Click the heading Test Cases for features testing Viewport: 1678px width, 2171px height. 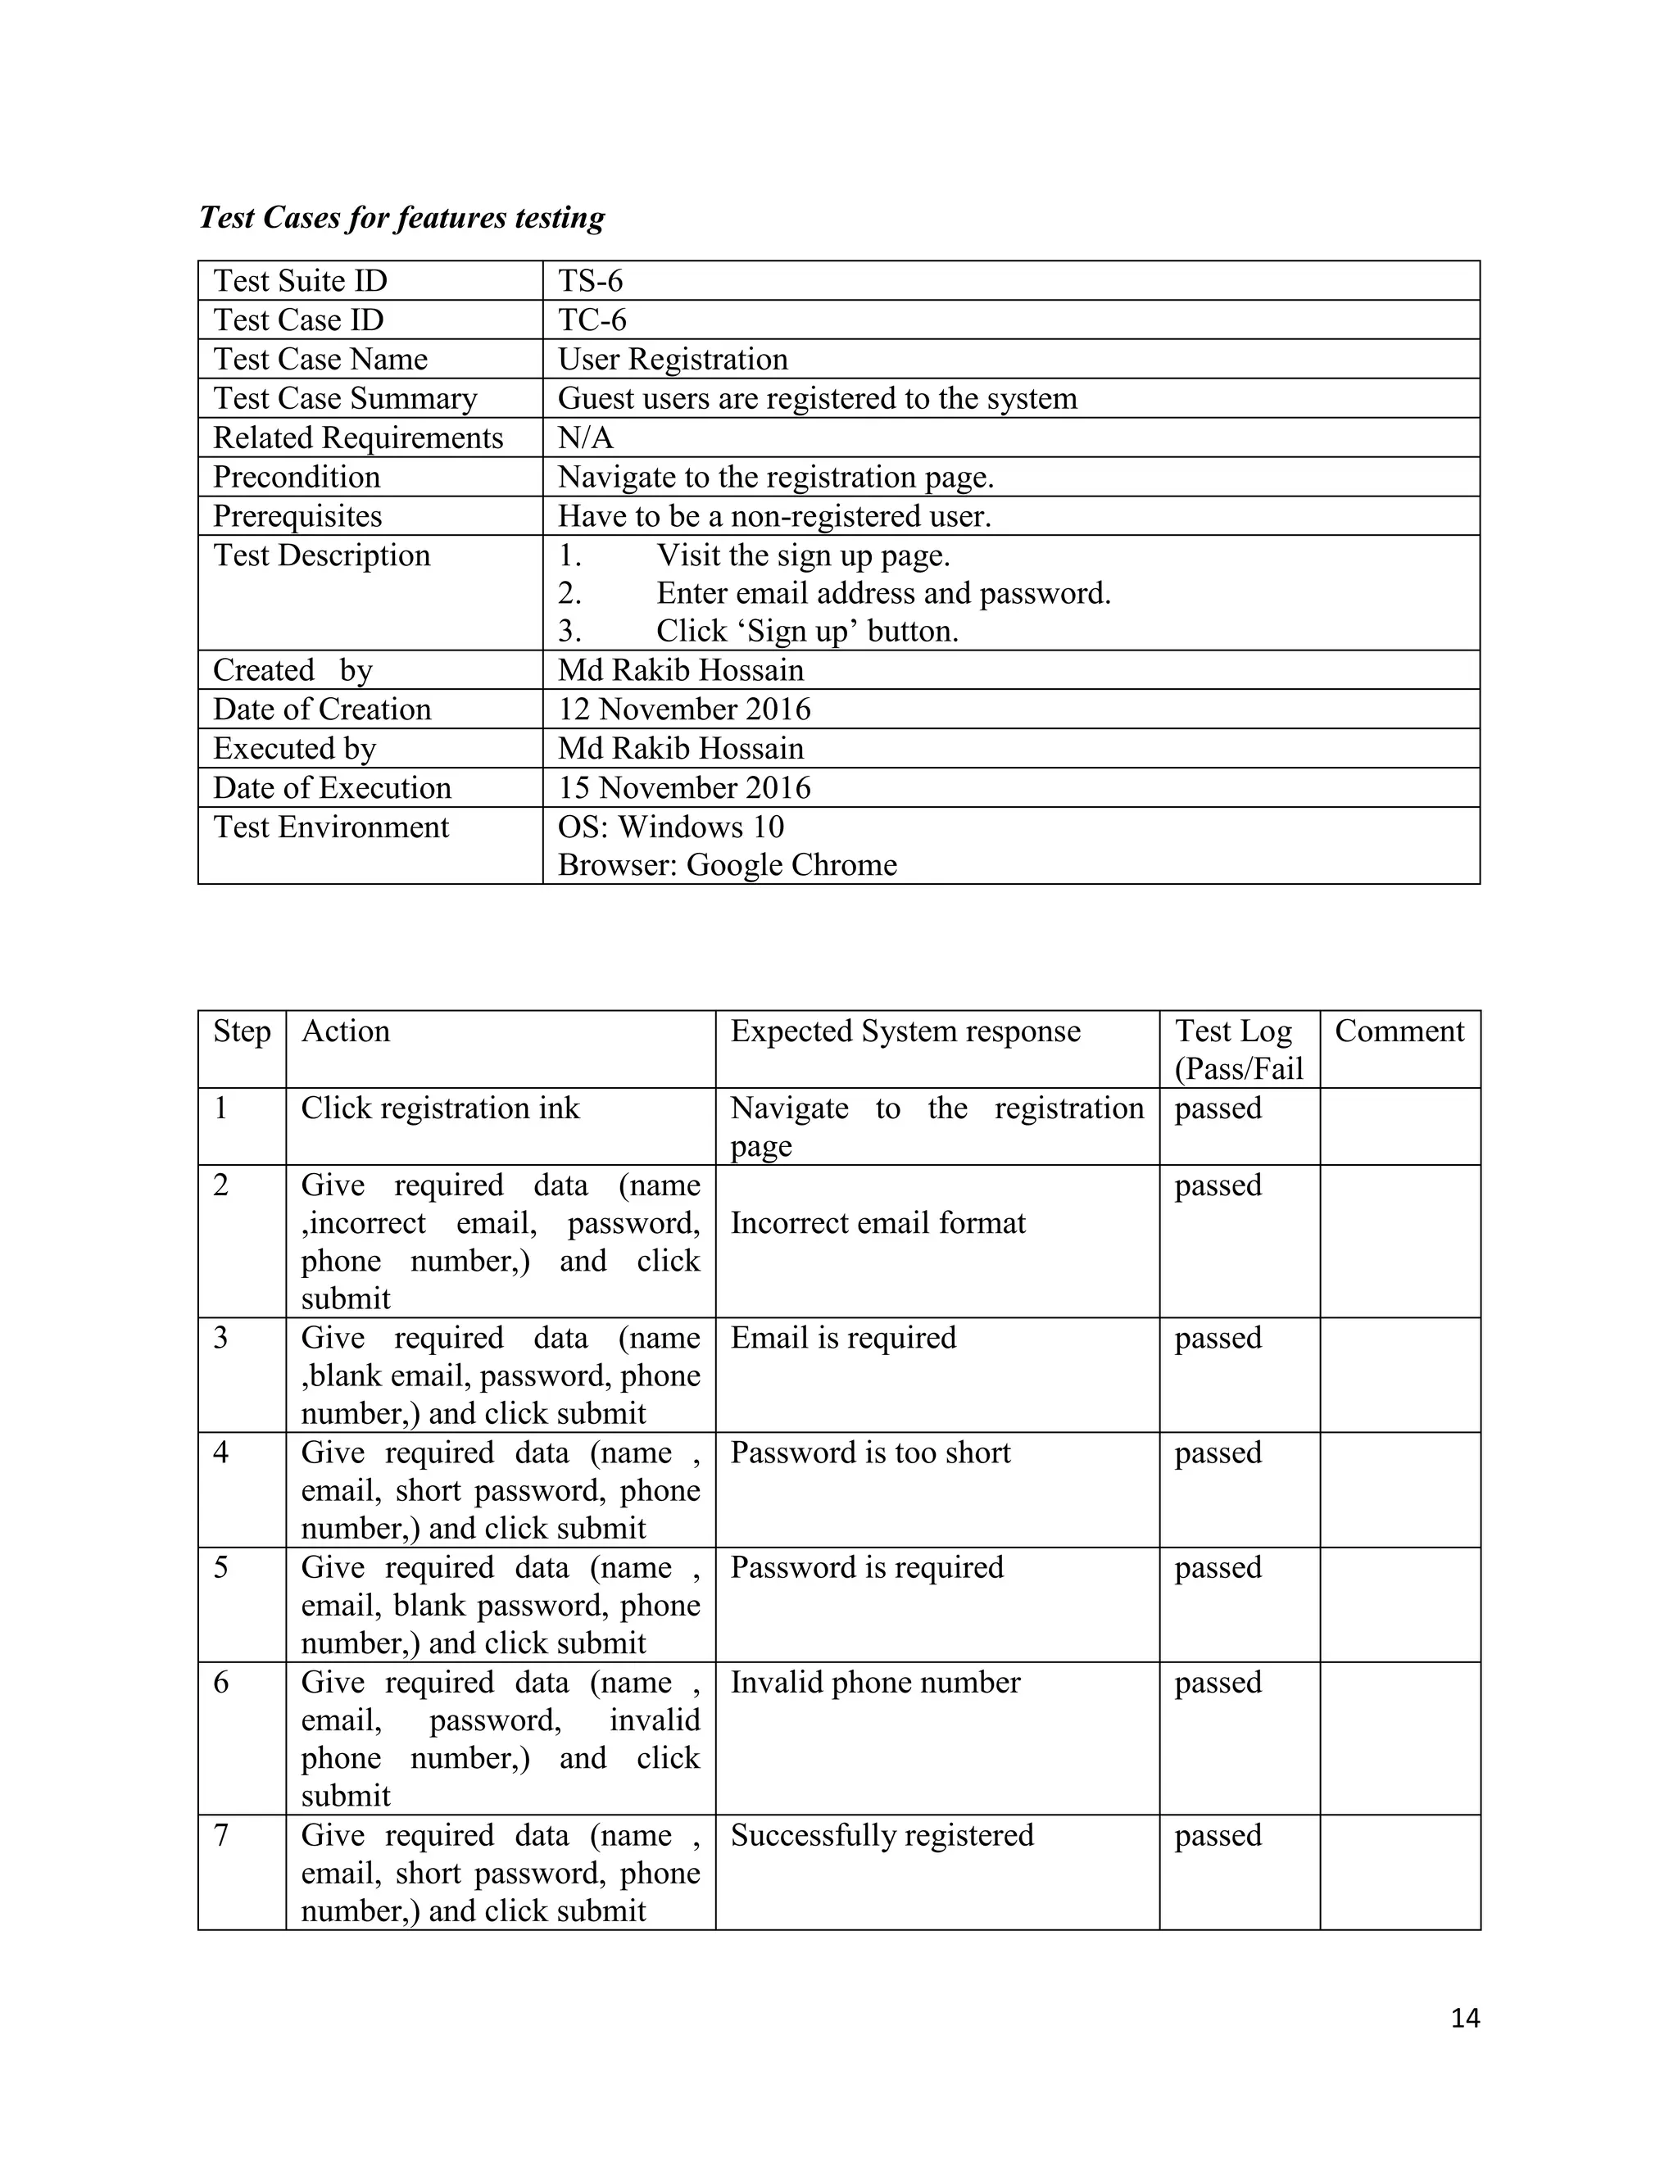pos(401,218)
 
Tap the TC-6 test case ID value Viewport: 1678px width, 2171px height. pos(592,320)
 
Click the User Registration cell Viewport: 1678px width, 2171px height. pos(673,359)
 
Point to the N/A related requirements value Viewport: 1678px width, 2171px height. pos(586,437)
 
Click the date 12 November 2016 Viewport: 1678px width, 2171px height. pos(684,709)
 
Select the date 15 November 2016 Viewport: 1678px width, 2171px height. pos(684,787)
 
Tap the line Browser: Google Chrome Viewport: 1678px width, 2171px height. pos(727,865)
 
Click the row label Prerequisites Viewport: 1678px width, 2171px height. pos(297,516)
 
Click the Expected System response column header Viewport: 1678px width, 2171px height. pos(905,1031)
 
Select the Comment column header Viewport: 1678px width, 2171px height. pos(1399,1031)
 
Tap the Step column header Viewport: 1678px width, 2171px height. pos(242,1031)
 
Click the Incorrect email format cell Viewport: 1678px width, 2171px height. pos(878,1222)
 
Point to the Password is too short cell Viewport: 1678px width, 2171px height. pos(870,1453)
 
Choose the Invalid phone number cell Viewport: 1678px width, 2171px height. pos(875,1682)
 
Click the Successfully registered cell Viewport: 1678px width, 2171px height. pos(882,1835)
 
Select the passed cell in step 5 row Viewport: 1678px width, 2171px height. pos(1218,1567)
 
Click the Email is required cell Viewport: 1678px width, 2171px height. pos(843,1338)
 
